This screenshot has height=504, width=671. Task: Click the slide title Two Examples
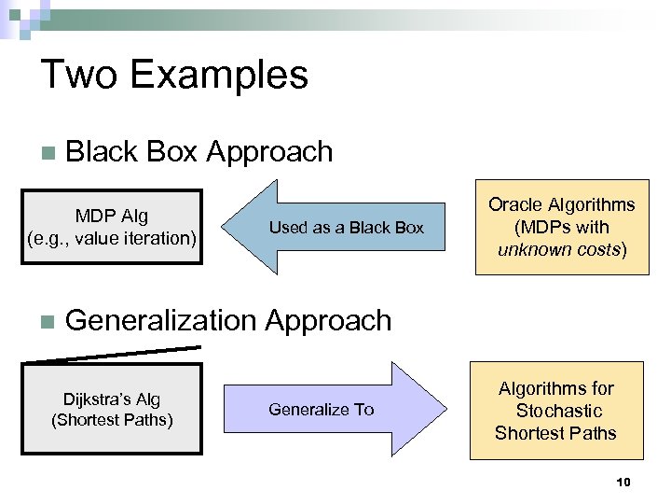point(174,75)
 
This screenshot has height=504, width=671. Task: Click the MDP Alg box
point(112,227)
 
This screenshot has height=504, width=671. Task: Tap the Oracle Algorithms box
point(561,227)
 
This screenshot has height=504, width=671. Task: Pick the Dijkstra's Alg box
point(112,410)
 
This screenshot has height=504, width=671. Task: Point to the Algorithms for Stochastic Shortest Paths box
point(555,411)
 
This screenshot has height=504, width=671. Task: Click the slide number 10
point(623,482)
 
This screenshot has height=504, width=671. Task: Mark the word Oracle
point(515,204)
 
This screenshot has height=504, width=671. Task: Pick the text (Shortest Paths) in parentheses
point(112,420)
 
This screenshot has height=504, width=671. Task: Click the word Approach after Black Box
point(269,151)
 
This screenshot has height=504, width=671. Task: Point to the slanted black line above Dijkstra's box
point(112,354)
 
